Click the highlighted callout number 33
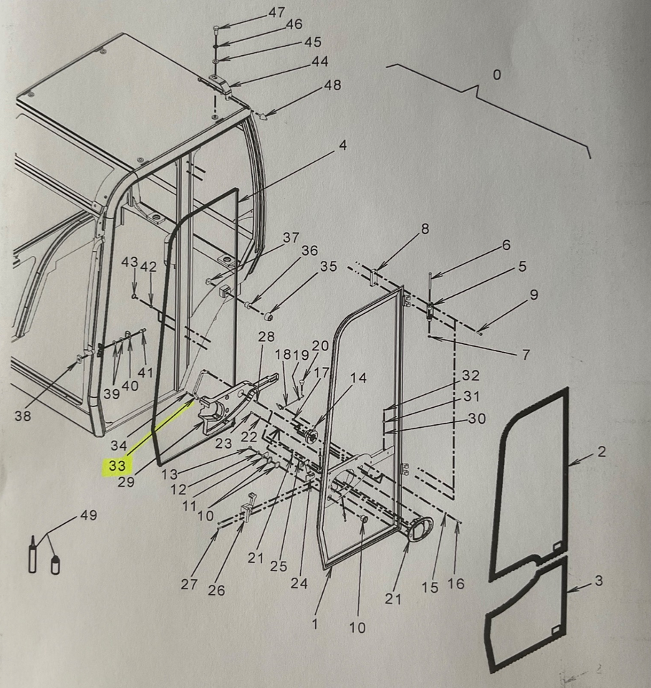[117, 466]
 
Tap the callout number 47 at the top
[276, 12]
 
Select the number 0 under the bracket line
[496, 75]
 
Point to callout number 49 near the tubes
[89, 515]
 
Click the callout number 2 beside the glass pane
[602, 451]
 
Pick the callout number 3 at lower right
[599, 581]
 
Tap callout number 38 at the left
[23, 415]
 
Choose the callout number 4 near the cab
[343, 145]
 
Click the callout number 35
[328, 267]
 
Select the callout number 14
[359, 378]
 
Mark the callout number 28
[266, 337]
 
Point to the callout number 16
[456, 583]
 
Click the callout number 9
[534, 295]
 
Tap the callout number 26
[216, 590]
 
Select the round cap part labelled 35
[269, 316]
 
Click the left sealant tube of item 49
[32, 553]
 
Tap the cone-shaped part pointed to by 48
[264, 117]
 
